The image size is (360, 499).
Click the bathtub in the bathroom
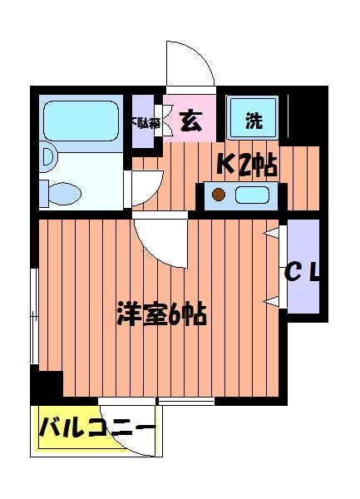[x=81, y=123]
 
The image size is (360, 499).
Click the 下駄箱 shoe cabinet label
[x=142, y=122]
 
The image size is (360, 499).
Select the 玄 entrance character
[x=190, y=121]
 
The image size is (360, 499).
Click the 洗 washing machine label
[x=254, y=121]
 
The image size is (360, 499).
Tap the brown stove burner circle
[x=219, y=196]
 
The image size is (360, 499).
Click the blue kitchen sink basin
[x=253, y=196]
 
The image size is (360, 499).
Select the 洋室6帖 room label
[x=161, y=314]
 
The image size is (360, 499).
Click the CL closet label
[x=302, y=271]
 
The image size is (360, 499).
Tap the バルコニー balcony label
[x=96, y=430]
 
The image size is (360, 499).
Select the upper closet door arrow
[x=271, y=235]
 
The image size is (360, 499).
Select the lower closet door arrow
[x=271, y=299]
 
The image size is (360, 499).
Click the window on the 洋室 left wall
[x=35, y=316]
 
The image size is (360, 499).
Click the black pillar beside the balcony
[x=47, y=387]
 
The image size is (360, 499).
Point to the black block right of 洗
[x=304, y=116]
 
